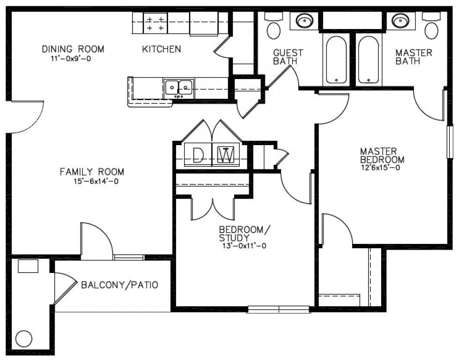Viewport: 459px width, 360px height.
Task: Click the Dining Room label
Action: click(x=73, y=49)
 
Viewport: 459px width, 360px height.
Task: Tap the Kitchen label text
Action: click(x=162, y=49)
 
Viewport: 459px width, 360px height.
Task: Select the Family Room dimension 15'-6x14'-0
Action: click(x=92, y=182)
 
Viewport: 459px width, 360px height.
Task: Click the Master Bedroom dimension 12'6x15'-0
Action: click(x=380, y=169)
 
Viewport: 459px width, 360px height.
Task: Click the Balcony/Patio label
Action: click(x=119, y=285)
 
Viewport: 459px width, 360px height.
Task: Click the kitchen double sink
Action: click(x=179, y=87)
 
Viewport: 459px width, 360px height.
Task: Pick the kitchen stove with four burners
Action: click(x=155, y=23)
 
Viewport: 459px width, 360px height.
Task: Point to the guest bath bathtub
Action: click(x=336, y=60)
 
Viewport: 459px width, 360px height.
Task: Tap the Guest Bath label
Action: click(x=288, y=57)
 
